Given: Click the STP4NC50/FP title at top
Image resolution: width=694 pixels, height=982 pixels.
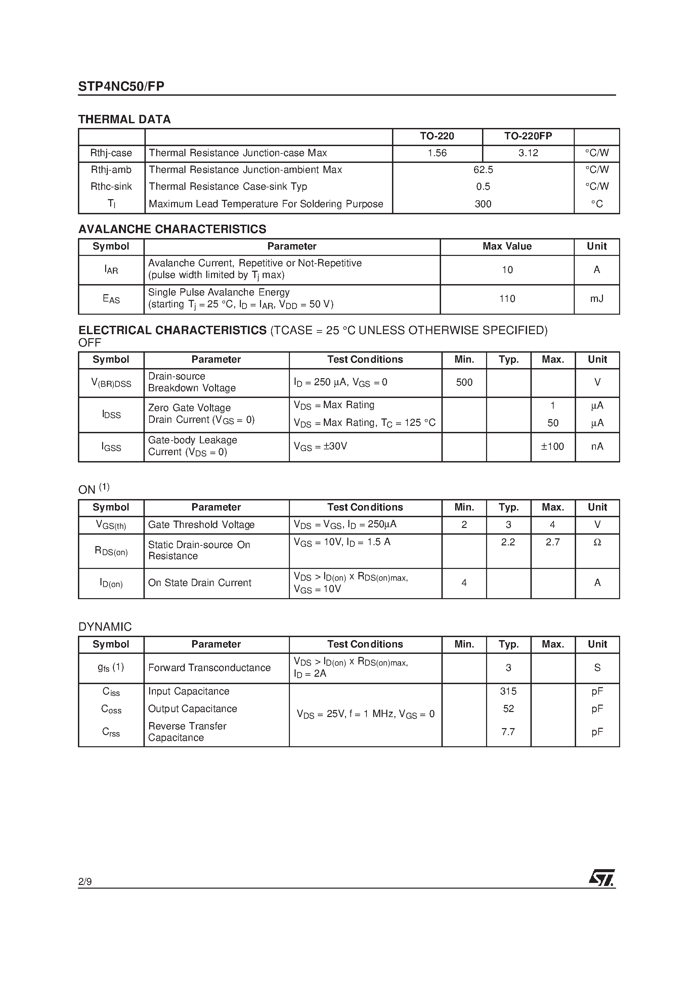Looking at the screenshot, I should (121, 86).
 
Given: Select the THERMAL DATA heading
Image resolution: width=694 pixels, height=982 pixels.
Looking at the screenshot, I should (124, 119).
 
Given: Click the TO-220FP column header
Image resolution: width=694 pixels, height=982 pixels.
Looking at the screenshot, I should (528, 136).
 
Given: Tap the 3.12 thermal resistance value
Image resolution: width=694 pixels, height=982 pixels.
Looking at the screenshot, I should (528, 153).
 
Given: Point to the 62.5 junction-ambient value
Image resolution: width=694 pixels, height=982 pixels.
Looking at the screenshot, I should (483, 170).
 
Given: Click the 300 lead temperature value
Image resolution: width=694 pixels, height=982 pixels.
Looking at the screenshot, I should (483, 204).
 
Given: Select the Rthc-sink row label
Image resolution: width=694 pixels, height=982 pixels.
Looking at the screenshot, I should (111, 186).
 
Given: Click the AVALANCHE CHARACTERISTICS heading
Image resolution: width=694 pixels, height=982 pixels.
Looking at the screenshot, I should (172, 229).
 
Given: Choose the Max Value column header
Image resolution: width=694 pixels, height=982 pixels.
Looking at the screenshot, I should (507, 247).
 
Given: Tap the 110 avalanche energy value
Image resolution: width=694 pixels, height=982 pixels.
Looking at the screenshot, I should (507, 299).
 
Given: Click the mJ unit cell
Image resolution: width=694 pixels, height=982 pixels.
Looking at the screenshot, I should (597, 299).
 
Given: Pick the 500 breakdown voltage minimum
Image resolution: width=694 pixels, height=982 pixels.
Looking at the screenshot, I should (464, 383).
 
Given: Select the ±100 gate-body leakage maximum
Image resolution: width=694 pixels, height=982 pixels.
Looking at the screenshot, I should (552, 447).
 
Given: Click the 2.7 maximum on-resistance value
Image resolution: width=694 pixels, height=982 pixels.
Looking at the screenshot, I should (552, 542).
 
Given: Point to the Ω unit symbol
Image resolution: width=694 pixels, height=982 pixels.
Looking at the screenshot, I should (597, 542).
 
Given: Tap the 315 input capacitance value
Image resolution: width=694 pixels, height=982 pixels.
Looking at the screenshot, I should (508, 691).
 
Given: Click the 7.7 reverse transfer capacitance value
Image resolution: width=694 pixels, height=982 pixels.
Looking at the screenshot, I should (508, 732).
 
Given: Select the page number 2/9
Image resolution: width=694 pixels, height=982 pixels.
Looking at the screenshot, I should (85, 882).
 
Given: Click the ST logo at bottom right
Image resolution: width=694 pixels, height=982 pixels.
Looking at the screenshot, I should (602, 878).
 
